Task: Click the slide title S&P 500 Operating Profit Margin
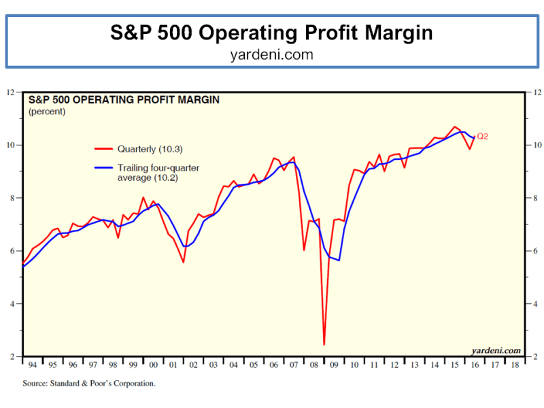272,33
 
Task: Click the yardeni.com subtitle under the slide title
272,55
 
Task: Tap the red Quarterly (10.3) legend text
150,149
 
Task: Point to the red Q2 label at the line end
483,136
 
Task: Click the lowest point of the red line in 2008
324,344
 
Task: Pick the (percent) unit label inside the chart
47,111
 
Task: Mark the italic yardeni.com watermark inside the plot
496,351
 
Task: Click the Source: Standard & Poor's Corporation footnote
89,384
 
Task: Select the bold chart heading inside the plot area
123,99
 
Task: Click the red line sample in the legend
103,149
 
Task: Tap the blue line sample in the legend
103,167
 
